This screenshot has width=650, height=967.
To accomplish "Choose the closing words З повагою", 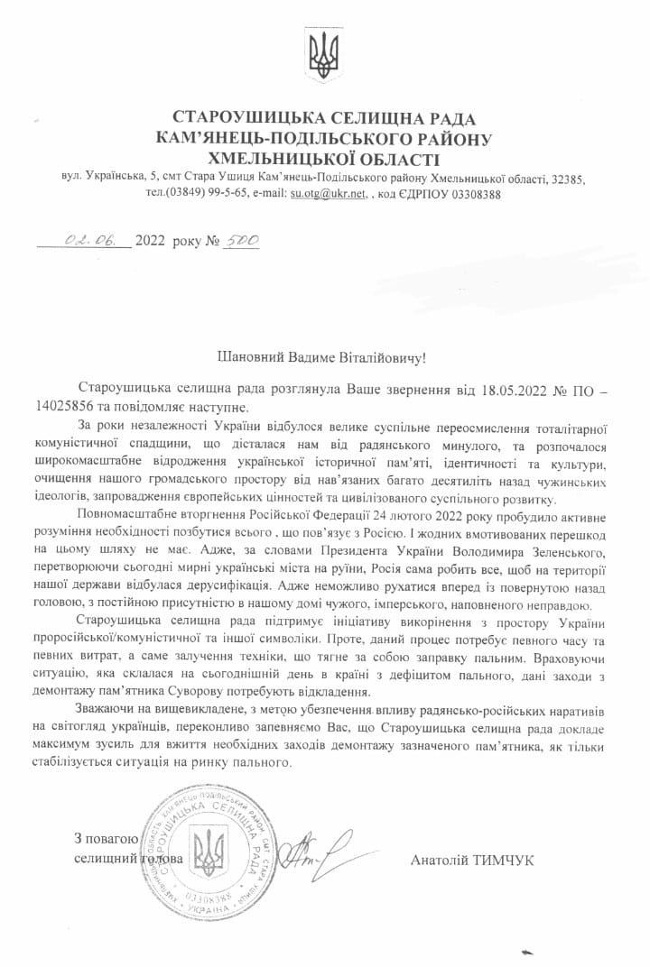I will click(x=107, y=838).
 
